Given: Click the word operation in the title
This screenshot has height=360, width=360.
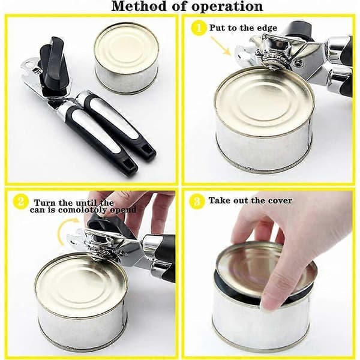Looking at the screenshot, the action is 227,7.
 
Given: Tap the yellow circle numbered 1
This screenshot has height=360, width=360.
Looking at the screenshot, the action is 198,28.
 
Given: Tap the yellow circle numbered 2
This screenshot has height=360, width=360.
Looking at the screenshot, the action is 20,202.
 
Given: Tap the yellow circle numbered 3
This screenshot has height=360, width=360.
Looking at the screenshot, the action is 197,202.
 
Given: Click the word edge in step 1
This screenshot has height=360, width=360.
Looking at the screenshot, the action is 267,28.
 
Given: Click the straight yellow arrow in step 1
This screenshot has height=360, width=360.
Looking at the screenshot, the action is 221,46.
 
